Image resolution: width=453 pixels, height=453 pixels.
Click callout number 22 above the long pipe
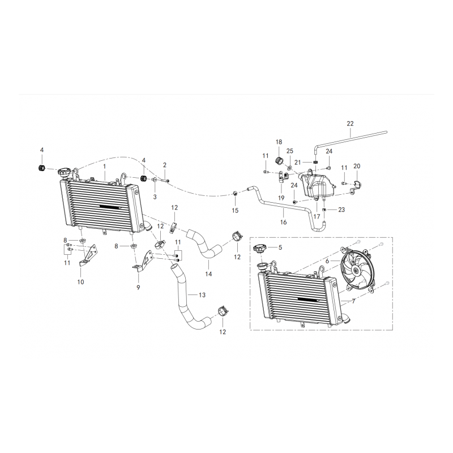tap(350, 123)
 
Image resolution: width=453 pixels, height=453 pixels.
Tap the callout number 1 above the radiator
tap(105, 166)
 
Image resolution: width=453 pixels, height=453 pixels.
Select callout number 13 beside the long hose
tap(202, 294)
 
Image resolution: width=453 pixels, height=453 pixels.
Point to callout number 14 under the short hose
tap(208, 274)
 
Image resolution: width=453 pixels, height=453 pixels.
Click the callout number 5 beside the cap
tap(280, 247)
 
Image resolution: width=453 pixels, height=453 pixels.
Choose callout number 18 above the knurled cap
tap(279, 142)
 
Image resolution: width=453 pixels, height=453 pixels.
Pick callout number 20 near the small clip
tap(357, 166)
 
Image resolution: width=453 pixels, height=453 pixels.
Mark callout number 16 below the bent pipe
tap(284, 222)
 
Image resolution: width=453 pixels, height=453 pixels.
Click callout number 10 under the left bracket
tap(80, 281)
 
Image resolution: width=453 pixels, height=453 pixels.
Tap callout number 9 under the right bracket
tap(138, 288)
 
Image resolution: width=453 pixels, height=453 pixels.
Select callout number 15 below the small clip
tap(235, 210)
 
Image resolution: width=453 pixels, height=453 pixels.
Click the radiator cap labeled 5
tap(259, 248)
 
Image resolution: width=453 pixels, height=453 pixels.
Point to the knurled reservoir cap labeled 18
tap(279, 160)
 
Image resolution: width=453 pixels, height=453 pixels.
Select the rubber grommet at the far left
tap(42, 167)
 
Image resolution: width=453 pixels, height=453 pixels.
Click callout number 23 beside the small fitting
tap(341, 210)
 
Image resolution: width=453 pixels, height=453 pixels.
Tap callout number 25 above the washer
tap(290, 151)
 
